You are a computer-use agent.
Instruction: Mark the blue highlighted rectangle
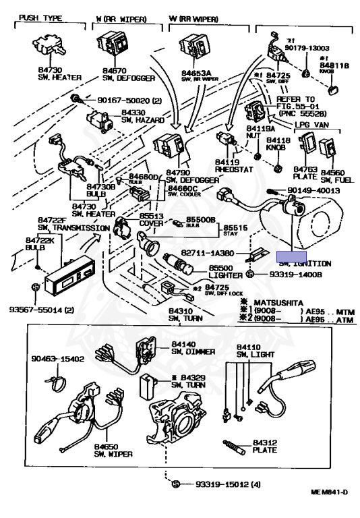[x=293, y=256]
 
